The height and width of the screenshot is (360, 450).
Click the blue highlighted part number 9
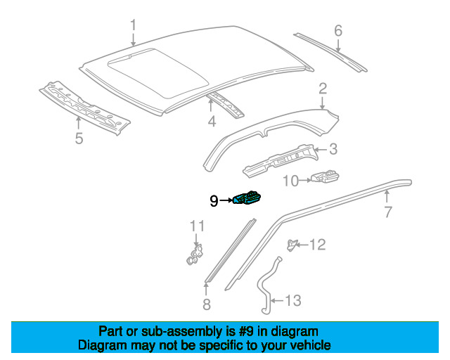247,198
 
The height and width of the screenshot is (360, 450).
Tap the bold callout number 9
214,201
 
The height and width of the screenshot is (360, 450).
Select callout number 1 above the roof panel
133,25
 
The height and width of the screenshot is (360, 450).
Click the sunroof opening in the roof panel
158,72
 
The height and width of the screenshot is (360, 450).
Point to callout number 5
79,139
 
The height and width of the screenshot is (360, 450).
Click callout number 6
338,30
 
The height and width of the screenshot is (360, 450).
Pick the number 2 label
323,89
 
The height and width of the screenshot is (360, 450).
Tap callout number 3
333,149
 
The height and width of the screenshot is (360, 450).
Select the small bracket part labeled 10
325,176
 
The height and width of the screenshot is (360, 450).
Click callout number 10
290,181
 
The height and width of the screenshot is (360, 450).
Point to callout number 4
212,122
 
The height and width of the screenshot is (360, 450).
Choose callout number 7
387,212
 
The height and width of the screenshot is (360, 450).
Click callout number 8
206,304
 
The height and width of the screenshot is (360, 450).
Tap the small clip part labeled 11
195,255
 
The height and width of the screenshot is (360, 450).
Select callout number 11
197,226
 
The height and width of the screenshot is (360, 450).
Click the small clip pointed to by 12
291,245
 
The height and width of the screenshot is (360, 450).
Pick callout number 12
318,245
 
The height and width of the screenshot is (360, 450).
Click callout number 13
293,300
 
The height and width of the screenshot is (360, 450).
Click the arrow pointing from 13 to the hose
277,301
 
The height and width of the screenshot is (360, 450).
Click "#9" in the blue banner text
246,331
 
